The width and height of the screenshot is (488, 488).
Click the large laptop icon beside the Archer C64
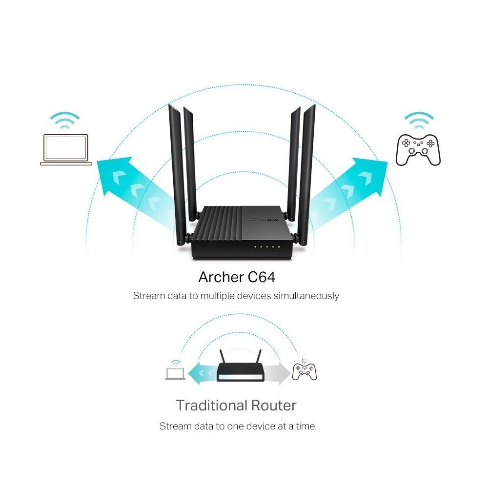66,150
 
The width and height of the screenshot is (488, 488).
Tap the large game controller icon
418,150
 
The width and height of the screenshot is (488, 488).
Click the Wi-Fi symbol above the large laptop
65,120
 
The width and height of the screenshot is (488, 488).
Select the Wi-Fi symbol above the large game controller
419,121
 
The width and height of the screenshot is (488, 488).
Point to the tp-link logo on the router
264,220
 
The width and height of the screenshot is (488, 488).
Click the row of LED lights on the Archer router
267,247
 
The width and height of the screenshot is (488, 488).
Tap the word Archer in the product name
221,277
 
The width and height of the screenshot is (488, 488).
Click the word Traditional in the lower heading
211,406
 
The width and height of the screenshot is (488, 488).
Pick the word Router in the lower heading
274,406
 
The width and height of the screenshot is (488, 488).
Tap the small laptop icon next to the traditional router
175,373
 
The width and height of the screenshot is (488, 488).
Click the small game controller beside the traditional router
305,371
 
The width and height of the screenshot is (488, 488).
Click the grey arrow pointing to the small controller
278,373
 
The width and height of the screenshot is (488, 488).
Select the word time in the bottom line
305,426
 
